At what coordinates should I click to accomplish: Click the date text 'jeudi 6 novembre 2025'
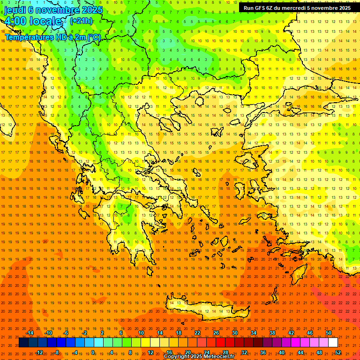point(53,10)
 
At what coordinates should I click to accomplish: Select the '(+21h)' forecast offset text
point(81,21)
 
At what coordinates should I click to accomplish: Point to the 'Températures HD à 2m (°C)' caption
point(52,37)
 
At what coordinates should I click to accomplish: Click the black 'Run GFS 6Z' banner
point(297,8)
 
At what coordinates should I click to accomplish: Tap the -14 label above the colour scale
point(30,333)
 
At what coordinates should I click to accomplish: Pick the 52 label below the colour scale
point(338,352)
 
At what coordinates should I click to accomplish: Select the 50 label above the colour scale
point(329,333)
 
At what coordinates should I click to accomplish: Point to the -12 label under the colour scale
point(39,352)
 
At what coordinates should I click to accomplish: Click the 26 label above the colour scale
point(216,333)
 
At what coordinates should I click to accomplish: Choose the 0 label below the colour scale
point(93,352)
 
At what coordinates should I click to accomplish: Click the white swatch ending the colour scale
point(333,343)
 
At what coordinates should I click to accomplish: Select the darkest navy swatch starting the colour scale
point(23,343)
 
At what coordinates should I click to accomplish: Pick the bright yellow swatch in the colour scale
point(164,343)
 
